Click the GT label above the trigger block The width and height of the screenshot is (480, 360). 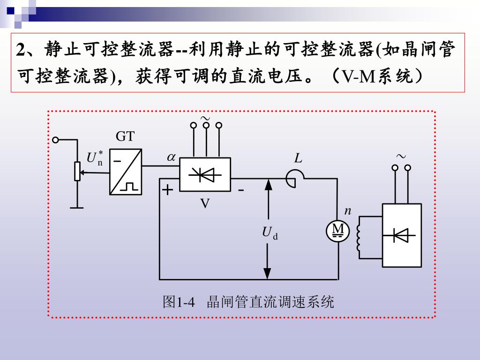coord(125,137)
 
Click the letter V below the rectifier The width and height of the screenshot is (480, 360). coord(205,203)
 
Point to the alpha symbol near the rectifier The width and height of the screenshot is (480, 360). coord(171,158)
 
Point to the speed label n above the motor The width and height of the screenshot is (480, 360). coord(347,211)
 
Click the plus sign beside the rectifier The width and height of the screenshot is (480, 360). coord(168,190)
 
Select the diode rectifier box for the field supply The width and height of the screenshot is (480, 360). coord(401,235)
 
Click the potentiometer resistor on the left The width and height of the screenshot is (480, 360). coord(77,172)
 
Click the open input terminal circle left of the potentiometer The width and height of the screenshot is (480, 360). coord(56,140)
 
